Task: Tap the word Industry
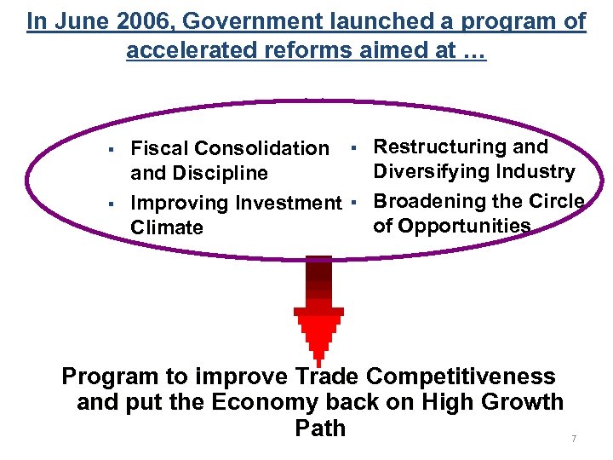tap(535, 172)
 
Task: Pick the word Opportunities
tap(464, 226)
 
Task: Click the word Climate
tap(167, 228)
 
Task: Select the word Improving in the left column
tap(180, 203)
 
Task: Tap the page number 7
tap(574, 439)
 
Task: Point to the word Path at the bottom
tap(320, 428)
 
